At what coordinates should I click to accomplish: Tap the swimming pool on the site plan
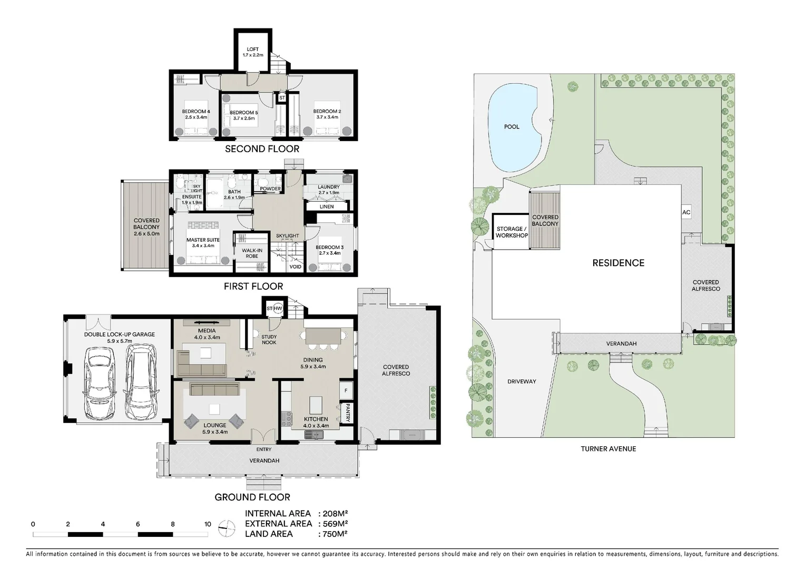pos(511,128)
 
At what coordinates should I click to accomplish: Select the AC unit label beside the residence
pos(686,212)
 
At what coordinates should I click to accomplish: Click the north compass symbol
pos(227,528)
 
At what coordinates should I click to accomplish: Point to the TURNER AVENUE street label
pos(608,449)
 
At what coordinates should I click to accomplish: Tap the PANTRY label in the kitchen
pos(348,413)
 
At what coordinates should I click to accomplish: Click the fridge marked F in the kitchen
pos(346,390)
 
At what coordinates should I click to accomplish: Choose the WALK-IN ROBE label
pos(252,253)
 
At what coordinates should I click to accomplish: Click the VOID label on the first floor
pos(296,267)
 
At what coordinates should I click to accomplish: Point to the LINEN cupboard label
pos(327,207)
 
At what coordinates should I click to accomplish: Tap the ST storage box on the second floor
pos(282,98)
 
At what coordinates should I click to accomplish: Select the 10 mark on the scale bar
pos(208,524)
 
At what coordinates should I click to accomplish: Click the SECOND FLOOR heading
pos(262,149)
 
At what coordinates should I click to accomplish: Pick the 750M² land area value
pos(332,534)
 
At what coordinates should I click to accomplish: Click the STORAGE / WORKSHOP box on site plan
pos(511,232)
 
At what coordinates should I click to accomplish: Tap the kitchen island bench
pos(316,406)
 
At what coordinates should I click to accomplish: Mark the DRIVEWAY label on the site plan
pos(522,381)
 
